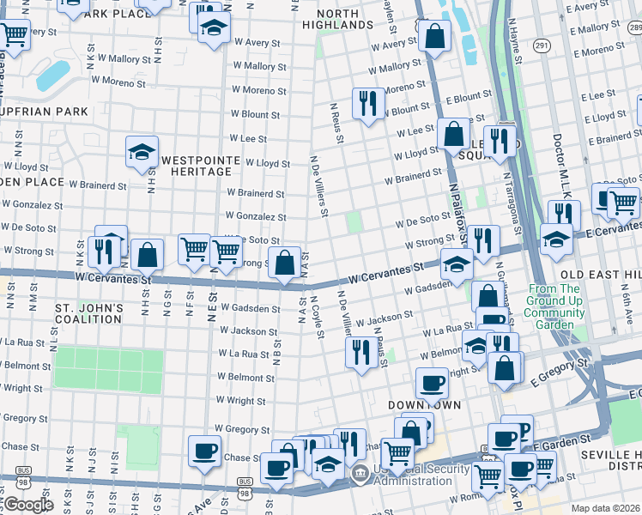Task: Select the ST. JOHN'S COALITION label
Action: (88, 313)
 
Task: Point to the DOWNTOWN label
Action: (424, 404)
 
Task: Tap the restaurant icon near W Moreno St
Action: (368, 104)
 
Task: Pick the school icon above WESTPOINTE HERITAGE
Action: (142, 153)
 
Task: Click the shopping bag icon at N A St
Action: (284, 264)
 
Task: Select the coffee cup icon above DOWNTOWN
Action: (432, 382)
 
